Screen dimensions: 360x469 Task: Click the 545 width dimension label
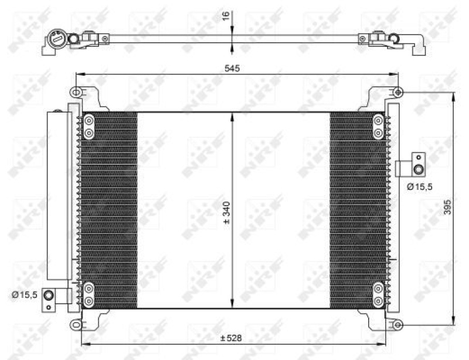click(x=233, y=69)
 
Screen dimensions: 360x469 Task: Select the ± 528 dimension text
click(x=232, y=338)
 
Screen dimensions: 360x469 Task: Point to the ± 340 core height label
click(x=227, y=212)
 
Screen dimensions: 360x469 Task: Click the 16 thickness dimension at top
click(x=226, y=16)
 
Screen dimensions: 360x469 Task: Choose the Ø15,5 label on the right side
click(x=419, y=186)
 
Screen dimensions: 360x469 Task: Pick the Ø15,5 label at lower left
click(x=25, y=294)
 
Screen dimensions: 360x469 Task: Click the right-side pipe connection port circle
click(x=418, y=170)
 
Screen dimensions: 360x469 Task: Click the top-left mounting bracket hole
click(x=75, y=92)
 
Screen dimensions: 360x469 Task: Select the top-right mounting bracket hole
click(x=398, y=92)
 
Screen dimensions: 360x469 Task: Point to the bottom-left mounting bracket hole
click(x=75, y=324)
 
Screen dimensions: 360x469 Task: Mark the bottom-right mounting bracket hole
click(x=398, y=324)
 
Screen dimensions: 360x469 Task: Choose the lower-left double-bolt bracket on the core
click(x=89, y=294)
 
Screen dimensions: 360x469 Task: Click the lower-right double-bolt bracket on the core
click(x=379, y=294)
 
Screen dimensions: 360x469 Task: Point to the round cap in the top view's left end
click(x=59, y=39)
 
